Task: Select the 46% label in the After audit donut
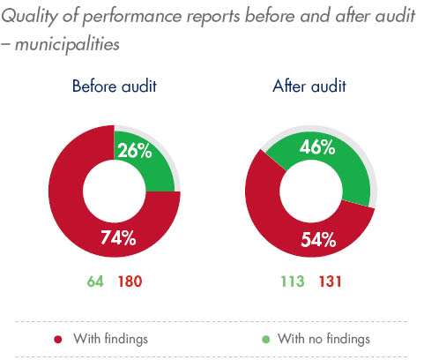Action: (x=316, y=148)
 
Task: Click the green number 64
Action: (x=94, y=281)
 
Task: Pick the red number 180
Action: (x=129, y=281)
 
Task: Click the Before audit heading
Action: (x=115, y=86)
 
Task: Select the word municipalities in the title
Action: (x=72, y=41)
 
